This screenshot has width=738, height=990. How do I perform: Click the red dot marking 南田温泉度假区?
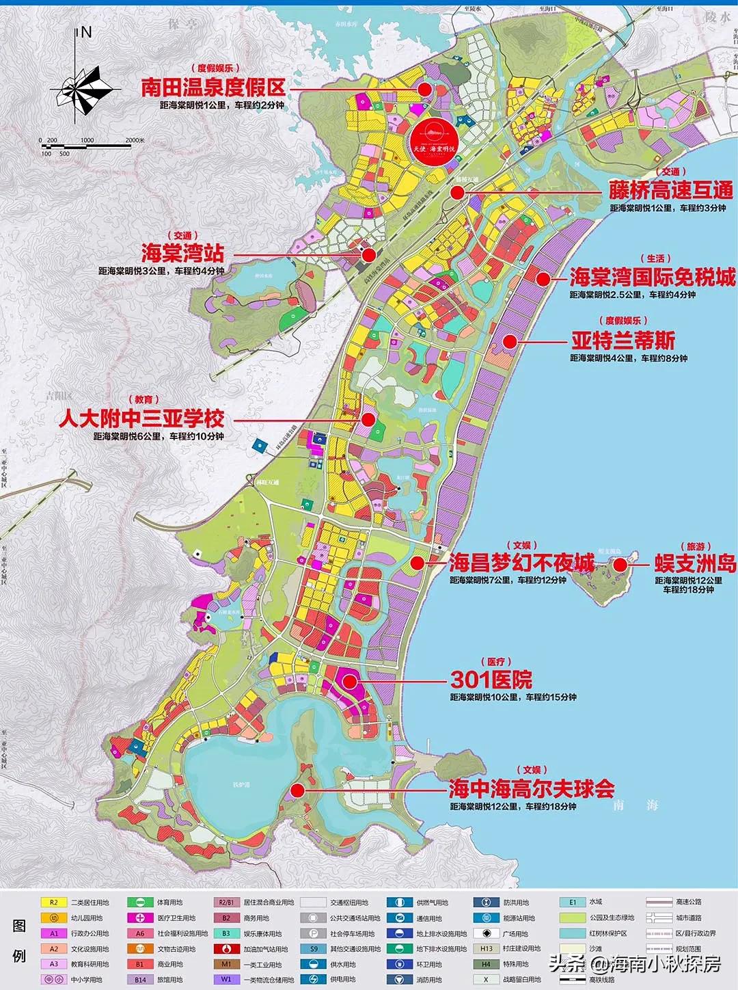pyautogui.click(x=424, y=89)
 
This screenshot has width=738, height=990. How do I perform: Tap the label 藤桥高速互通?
pyautogui.click(x=670, y=190)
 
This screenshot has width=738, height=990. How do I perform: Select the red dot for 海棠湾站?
pyautogui.click(x=369, y=255)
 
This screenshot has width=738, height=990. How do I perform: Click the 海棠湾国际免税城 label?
pyautogui.click(x=652, y=277)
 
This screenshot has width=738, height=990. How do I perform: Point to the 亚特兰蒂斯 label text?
pyautogui.click(x=623, y=340)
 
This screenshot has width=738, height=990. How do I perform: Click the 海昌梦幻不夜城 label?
pyautogui.click(x=521, y=563)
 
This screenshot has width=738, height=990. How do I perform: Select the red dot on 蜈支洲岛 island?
pyautogui.click(x=620, y=564)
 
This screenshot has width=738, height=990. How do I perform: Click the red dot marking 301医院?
pyautogui.click(x=350, y=681)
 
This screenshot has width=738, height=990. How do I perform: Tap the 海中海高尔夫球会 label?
pyautogui.click(x=531, y=789)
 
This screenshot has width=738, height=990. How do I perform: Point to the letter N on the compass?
pyautogui.click(x=86, y=32)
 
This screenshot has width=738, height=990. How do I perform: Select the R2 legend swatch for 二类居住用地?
pyautogui.click(x=53, y=902)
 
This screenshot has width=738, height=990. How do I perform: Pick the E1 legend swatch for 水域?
pyautogui.click(x=573, y=902)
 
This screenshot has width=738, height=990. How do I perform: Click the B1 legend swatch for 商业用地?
pyautogui.click(x=139, y=964)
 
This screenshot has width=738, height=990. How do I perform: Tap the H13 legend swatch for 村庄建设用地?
pyautogui.click(x=486, y=948)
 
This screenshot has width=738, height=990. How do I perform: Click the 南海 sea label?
pyautogui.click(x=635, y=805)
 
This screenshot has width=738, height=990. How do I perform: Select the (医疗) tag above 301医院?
pyautogui.click(x=495, y=662)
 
